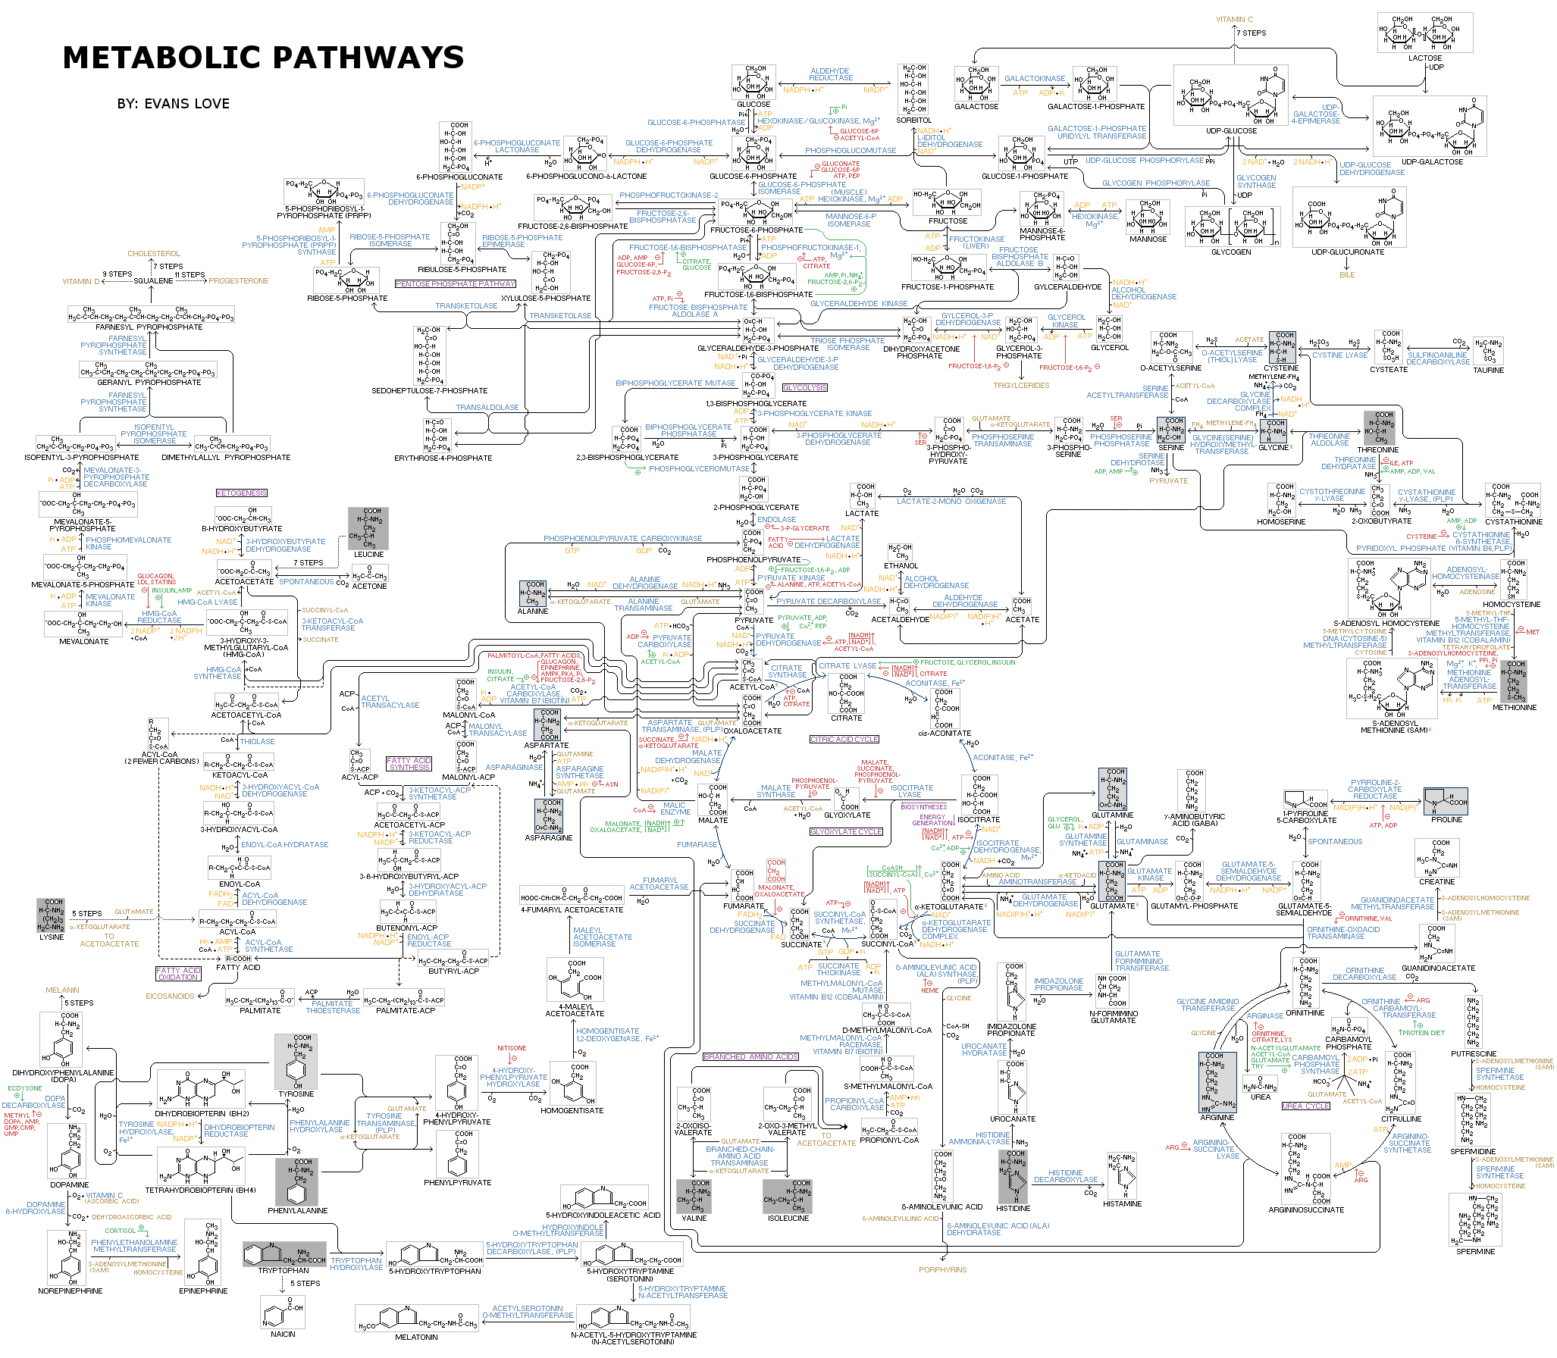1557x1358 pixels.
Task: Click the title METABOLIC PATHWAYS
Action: coord(263,58)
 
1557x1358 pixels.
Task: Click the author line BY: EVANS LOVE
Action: coord(173,104)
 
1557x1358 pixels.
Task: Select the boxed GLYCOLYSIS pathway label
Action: coord(804,387)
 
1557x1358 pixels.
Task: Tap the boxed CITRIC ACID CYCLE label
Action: coord(844,739)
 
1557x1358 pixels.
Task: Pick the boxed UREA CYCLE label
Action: coord(1305,1106)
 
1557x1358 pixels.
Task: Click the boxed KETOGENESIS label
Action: coord(242,493)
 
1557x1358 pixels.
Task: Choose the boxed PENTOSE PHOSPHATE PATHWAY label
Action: coord(455,284)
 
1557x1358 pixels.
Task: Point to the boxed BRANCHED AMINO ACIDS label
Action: coord(750,1056)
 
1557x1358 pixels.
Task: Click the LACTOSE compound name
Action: coord(1424,58)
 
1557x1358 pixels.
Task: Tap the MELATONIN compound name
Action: coord(416,1337)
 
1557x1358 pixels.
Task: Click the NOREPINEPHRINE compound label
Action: coord(70,1291)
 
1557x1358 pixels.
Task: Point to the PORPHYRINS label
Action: coord(942,1269)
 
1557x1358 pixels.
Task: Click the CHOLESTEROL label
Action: coord(154,254)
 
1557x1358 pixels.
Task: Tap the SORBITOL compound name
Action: coord(913,120)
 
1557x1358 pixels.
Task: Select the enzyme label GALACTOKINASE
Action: coord(1034,78)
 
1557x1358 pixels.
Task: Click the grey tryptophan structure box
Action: coord(284,1254)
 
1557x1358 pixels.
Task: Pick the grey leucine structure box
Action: coord(368,528)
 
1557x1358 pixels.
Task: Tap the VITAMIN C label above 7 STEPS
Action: coord(1234,20)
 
